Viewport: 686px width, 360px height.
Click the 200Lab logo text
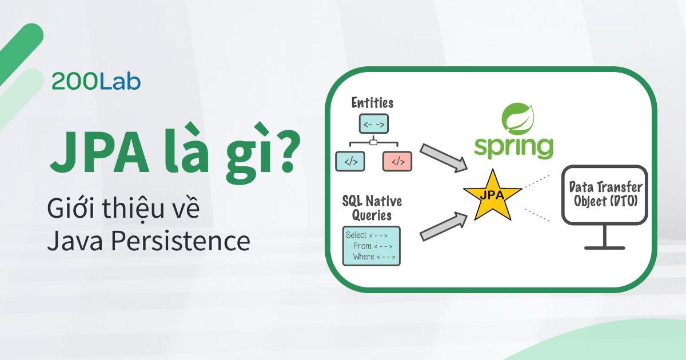click(x=96, y=82)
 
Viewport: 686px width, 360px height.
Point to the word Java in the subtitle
click(x=73, y=242)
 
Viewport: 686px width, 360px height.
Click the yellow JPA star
click(x=492, y=194)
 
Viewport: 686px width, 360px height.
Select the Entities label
click(x=372, y=103)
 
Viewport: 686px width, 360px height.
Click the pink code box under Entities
click(x=398, y=161)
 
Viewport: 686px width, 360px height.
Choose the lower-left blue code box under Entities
click(x=350, y=161)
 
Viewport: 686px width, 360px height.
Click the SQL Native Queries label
click(x=372, y=208)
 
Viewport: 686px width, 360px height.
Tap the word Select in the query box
click(x=357, y=235)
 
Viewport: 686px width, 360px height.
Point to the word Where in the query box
click(x=364, y=257)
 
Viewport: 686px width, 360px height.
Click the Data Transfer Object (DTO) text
click(x=605, y=194)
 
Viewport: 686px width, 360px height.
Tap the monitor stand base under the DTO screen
click(x=604, y=248)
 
